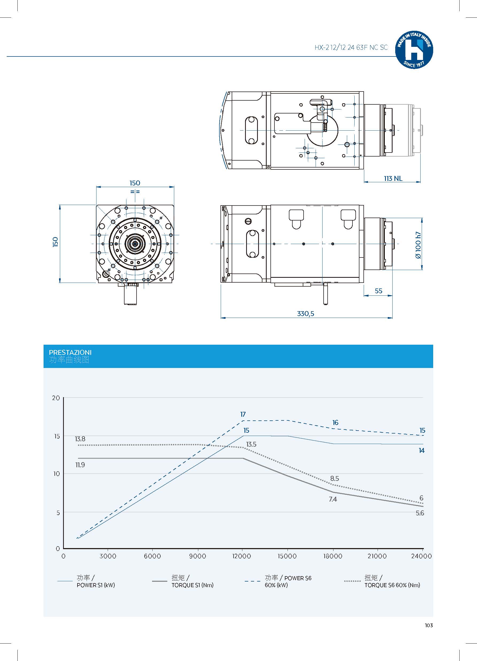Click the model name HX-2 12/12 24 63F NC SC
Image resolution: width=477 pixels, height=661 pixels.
[351, 48]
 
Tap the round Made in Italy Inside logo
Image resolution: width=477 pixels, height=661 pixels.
[414, 50]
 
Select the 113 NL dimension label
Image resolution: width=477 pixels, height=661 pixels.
[393, 178]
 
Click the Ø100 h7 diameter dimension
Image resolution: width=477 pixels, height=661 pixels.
[418, 245]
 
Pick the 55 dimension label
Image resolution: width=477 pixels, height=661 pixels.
[378, 291]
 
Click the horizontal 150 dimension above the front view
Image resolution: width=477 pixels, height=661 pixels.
[135, 183]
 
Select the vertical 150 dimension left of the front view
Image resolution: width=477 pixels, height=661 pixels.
[55, 242]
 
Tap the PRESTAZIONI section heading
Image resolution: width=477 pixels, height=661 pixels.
[70, 352]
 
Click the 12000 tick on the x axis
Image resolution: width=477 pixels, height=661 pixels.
[242, 556]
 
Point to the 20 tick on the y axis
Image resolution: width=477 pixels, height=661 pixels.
[56, 398]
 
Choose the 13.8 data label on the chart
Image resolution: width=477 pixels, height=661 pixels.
[80, 439]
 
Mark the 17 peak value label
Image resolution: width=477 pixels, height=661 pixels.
[243, 414]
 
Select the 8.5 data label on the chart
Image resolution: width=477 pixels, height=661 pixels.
[334, 478]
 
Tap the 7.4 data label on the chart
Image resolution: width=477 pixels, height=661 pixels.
[333, 499]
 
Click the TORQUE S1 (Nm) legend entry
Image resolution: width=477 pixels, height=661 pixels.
[192, 582]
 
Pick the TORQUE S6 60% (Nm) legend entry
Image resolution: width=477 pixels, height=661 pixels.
[392, 582]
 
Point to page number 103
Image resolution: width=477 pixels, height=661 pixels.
[429, 625]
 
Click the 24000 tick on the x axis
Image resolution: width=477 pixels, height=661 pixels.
[421, 556]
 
